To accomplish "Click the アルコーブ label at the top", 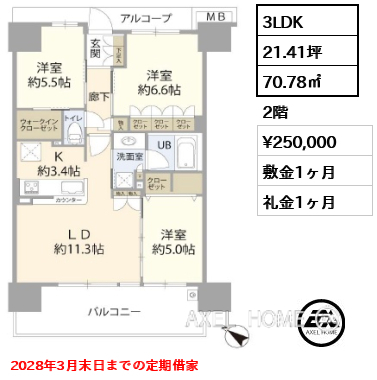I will pyautogui.click(x=145, y=18).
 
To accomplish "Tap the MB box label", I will pyautogui.click(x=217, y=18).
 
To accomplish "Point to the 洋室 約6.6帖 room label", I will pyautogui.click(x=162, y=82).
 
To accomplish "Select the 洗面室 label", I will pyautogui.click(x=130, y=157).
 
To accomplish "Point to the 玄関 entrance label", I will pyautogui.click(x=95, y=48).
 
